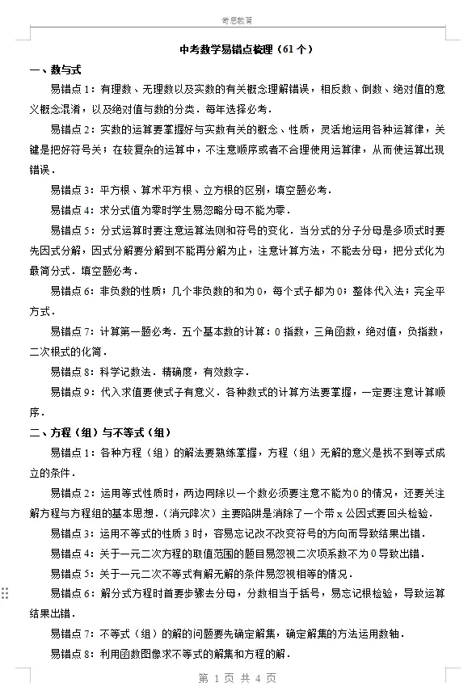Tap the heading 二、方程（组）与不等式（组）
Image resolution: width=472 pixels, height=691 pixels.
[101, 432]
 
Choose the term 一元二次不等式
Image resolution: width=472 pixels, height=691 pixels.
[154, 574]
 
